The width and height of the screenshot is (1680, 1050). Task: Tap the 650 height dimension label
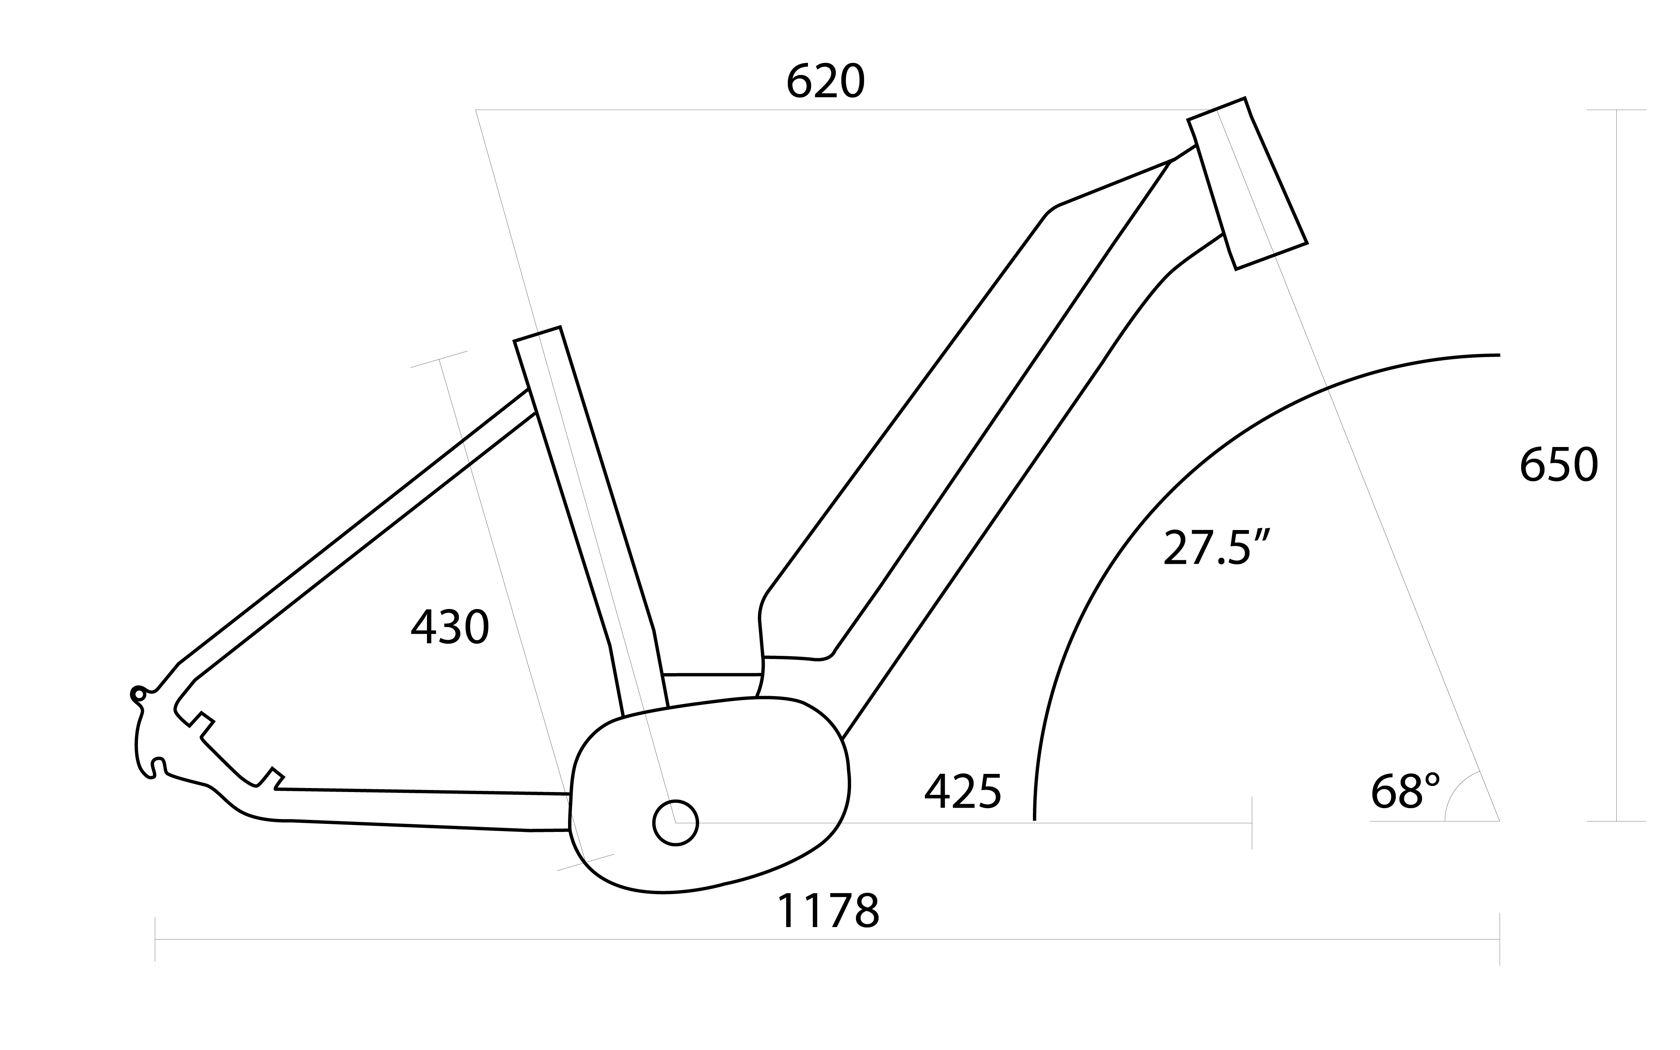click(1559, 465)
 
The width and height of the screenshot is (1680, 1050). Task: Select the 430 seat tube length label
click(450, 627)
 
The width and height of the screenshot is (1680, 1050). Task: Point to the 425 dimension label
click(963, 791)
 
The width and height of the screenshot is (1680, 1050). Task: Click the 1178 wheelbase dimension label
click(828, 911)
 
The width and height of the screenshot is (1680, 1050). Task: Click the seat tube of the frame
click(590, 521)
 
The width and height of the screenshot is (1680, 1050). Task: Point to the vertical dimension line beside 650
click(1616, 465)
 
